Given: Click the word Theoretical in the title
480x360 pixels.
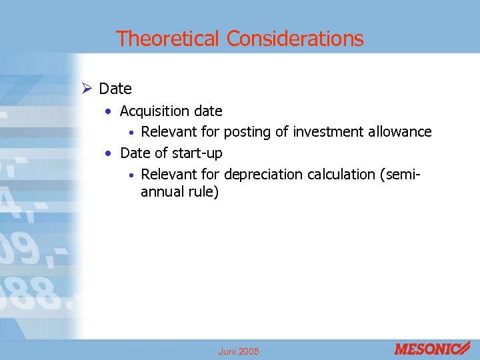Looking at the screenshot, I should pyautogui.click(x=168, y=39).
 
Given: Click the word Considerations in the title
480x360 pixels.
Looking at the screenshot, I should pyautogui.click(x=295, y=39).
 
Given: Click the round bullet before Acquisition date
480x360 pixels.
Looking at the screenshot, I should pyautogui.click(x=109, y=111).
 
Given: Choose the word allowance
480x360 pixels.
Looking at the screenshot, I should pyautogui.click(x=400, y=132).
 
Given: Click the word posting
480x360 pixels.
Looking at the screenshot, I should pyautogui.click(x=248, y=132).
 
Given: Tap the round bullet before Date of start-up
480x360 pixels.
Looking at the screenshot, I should pyautogui.click(x=109, y=153).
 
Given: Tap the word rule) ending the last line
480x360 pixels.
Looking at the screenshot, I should pyautogui.click(x=203, y=193).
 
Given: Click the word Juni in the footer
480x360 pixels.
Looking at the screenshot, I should pyautogui.click(x=227, y=351).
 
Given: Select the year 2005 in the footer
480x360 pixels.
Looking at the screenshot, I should pyautogui.click(x=249, y=351).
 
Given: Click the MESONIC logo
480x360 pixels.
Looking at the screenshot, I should pyautogui.click(x=431, y=348).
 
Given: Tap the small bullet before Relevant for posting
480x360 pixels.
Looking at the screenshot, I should pyautogui.click(x=132, y=132).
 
